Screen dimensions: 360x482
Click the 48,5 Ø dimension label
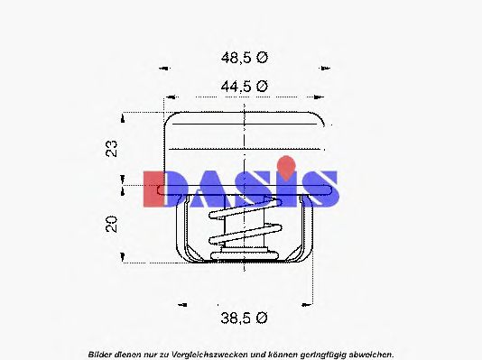[243, 57]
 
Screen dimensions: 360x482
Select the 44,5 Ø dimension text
[243, 87]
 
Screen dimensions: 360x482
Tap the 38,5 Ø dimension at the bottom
[243, 318]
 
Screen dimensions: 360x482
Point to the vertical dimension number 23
[112, 148]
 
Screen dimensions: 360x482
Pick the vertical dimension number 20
[112, 223]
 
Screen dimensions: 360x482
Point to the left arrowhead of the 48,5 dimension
[164, 68]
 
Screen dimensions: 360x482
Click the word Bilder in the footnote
[101, 352]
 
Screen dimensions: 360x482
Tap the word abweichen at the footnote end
[369, 352]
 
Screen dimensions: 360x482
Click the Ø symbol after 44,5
[263, 87]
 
